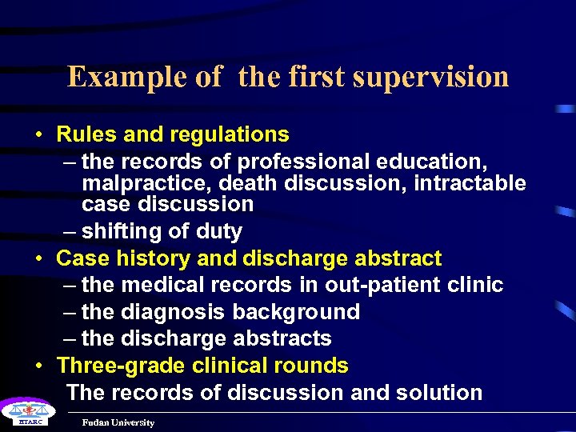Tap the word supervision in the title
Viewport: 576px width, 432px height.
pyautogui.click(x=430, y=77)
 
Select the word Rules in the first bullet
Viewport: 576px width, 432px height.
pyautogui.click(x=86, y=134)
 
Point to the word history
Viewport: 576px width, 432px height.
pyautogui.click(x=146, y=258)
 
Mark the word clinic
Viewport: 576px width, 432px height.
pyautogui.click(x=474, y=285)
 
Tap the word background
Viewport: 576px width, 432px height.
pyautogui.click(x=295, y=312)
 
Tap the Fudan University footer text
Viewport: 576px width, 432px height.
pyautogui.click(x=118, y=422)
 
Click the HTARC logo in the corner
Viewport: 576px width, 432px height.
pyautogui.click(x=24, y=414)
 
